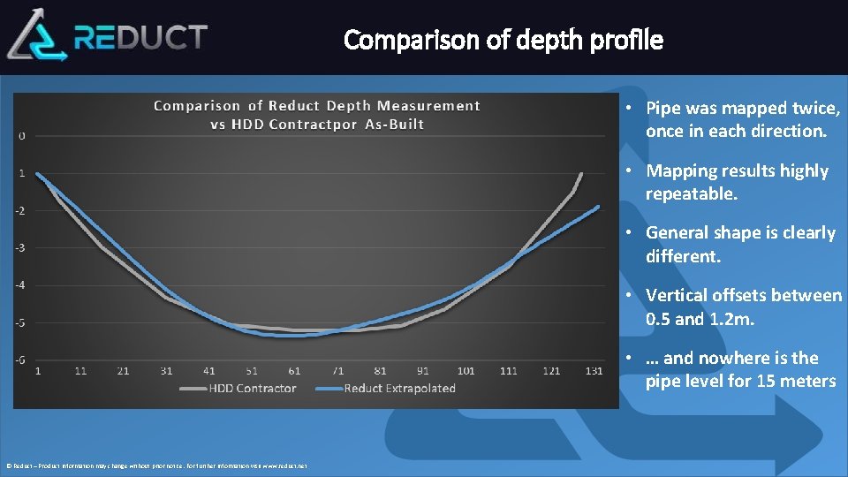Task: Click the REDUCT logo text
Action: [x=141, y=37]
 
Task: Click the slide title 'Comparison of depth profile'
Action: [x=503, y=40]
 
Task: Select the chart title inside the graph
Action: [x=317, y=115]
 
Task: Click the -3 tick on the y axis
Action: [x=20, y=247]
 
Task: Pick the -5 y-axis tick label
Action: [x=20, y=322]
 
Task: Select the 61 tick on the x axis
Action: [x=294, y=371]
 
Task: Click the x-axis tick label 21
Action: [x=123, y=371]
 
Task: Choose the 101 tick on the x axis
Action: [x=466, y=371]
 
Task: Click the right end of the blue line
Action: [x=598, y=207]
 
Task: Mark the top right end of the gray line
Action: [x=581, y=173]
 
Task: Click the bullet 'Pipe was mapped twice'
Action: [x=742, y=119]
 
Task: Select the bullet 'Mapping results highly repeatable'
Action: [x=737, y=182]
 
